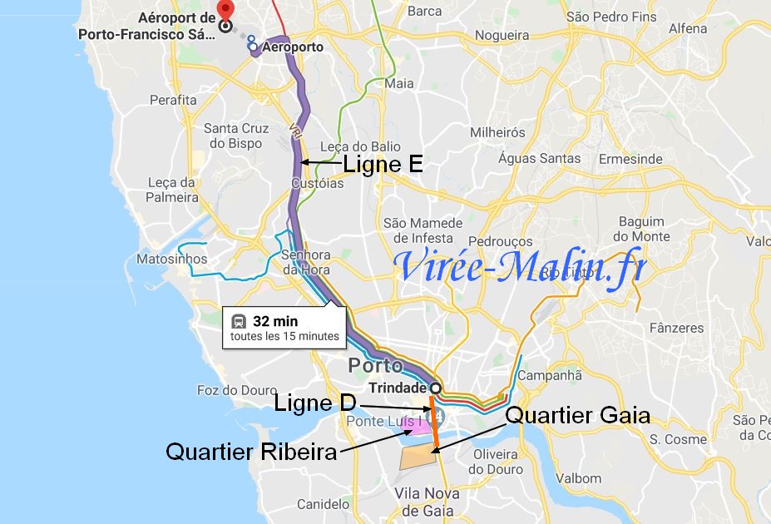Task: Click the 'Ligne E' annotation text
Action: click(x=383, y=165)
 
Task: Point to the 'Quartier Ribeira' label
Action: click(x=251, y=452)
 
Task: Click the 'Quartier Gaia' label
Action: click(x=577, y=414)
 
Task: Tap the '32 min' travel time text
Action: click(x=274, y=320)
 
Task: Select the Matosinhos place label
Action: click(x=171, y=259)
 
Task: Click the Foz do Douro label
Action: click(x=230, y=390)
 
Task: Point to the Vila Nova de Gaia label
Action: click(x=428, y=502)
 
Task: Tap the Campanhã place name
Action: click(x=549, y=375)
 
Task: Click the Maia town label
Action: click(x=399, y=83)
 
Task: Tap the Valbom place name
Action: click(x=578, y=478)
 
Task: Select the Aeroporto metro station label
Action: click(x=292, y=47)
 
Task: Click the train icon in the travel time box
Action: click(x=238, y=320)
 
